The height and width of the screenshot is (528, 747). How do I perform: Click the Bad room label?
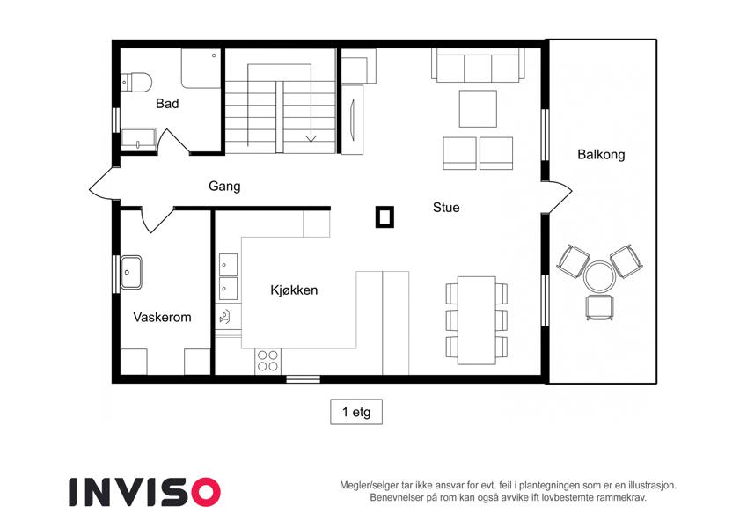point(167,104)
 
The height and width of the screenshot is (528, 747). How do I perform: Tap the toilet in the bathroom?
point(135,82)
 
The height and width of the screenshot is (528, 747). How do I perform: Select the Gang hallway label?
point(224,186)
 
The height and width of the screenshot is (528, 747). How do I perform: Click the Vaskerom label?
point(162,317)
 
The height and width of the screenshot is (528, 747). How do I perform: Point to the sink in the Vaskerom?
point(131,272)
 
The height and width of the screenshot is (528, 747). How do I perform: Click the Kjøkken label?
point(294,290)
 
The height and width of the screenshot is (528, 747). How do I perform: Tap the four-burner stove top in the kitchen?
point(267,361)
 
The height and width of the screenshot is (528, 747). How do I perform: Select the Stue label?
point(446,208)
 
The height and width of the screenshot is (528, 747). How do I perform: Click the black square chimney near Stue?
point(384,216)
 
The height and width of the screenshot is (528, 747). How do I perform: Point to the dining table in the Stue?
point(477,320)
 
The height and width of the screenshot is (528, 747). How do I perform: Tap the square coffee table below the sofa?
point(478,108)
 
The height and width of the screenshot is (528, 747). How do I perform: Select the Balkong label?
point(601,154)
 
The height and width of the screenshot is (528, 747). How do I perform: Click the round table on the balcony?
point(600,276)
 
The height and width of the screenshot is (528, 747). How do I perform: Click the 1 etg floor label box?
point(356,412)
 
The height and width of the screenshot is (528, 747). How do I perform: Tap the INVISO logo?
point(145,492)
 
